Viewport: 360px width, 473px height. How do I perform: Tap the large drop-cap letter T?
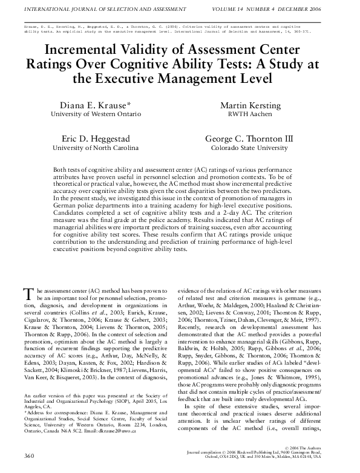[27, 294]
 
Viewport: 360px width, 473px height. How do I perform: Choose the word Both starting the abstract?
[61, 171]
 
